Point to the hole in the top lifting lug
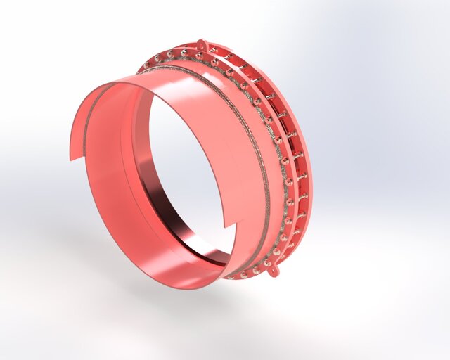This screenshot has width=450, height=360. tap(202, 44)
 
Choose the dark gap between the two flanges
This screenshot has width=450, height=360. tap(295, 176)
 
